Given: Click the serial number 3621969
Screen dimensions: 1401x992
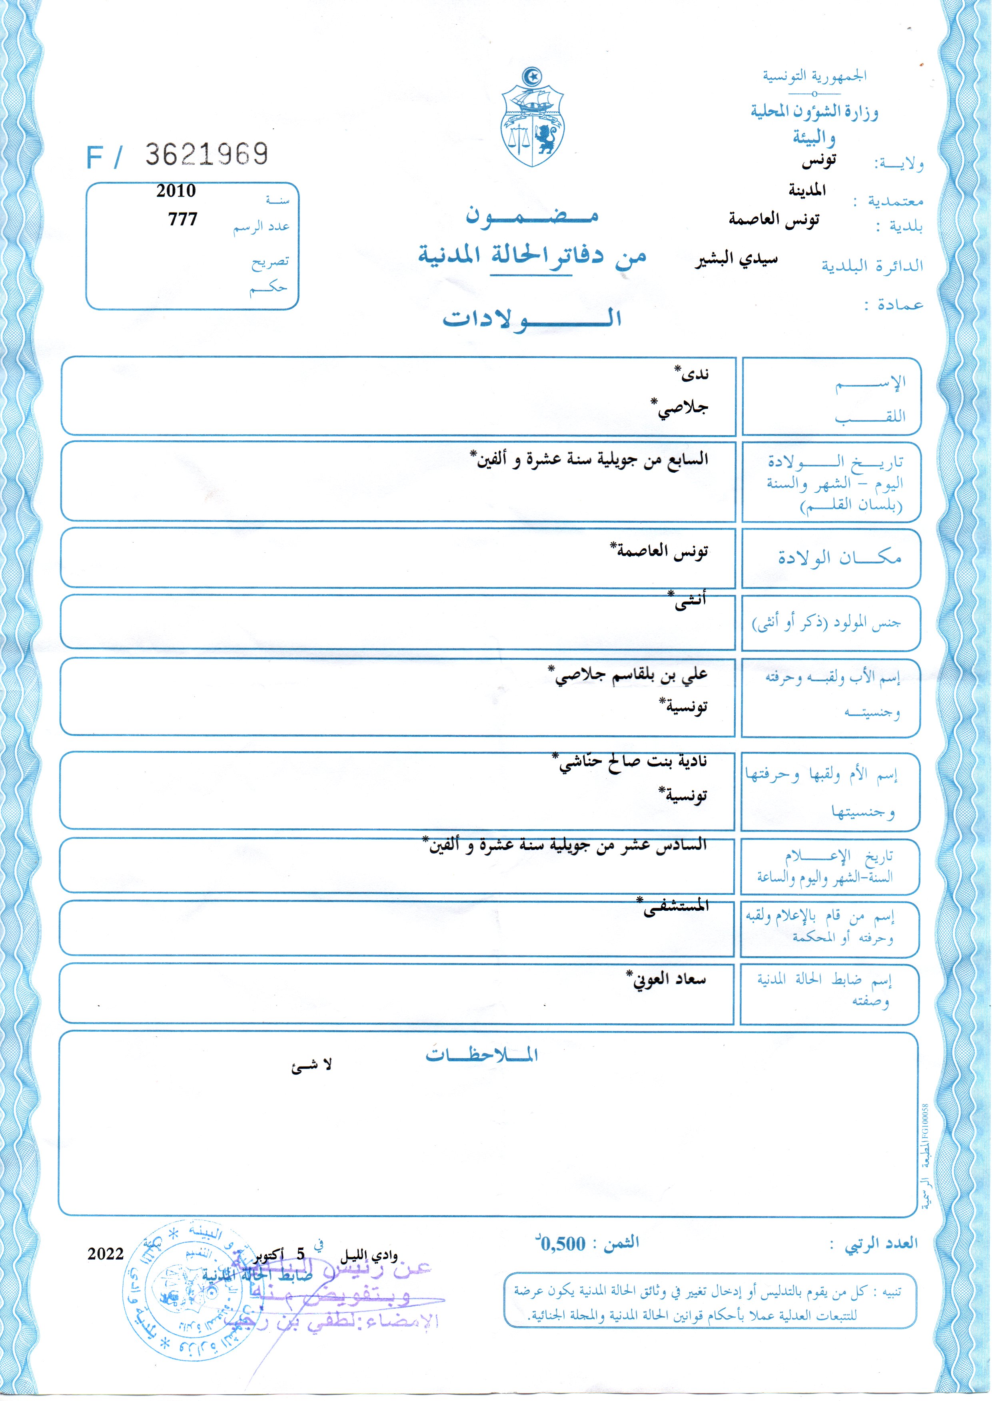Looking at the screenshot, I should pos(206,155).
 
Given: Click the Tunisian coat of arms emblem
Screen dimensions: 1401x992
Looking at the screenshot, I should pos(532,117).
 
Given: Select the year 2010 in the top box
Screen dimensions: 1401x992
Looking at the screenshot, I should pos(176,191).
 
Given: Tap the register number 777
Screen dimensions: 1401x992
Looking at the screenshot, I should pos(183,219).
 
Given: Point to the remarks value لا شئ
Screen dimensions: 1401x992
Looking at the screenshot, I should pos(311,1066).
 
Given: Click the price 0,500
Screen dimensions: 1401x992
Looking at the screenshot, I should pos(563,1244).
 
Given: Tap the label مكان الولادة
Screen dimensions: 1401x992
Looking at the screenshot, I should pos(839,557).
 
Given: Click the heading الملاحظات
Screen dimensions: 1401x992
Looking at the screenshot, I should pos(481,1055).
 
